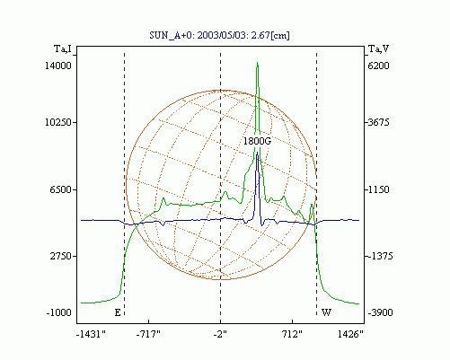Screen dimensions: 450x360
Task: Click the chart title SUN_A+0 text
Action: point(219,35)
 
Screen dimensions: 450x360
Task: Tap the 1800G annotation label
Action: point(257,141)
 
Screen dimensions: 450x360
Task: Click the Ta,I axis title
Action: point(63,48)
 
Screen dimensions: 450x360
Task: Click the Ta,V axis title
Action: point(378,48)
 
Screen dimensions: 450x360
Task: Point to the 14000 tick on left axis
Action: point(58,66)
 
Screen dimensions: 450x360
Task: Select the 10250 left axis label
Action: point(58,122)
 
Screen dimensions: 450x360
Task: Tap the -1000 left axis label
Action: point(58,312)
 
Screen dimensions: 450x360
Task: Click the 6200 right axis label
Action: point(378,66)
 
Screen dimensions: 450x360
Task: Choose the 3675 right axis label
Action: point(378,122)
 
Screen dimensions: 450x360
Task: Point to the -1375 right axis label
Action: point(380,256)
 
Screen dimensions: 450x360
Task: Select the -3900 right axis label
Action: point(380,312)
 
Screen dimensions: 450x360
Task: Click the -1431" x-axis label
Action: point(91,334)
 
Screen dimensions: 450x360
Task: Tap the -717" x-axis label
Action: point(148,334)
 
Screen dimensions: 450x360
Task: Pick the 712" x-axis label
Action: point(292,334)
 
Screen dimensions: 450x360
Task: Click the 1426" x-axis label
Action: point(350,334)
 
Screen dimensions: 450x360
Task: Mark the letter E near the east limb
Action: point(118,312)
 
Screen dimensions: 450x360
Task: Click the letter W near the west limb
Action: point(326,312)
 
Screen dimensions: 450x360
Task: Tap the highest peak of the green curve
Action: point(257,62)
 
